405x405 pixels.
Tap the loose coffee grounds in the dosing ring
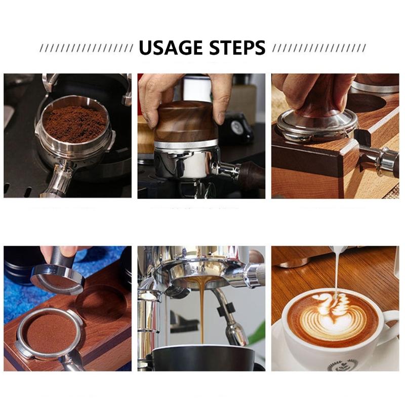74,124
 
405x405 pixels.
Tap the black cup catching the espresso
202,358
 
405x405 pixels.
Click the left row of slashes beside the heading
86,48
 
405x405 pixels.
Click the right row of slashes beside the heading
319,48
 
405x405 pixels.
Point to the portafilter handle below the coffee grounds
57,181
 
